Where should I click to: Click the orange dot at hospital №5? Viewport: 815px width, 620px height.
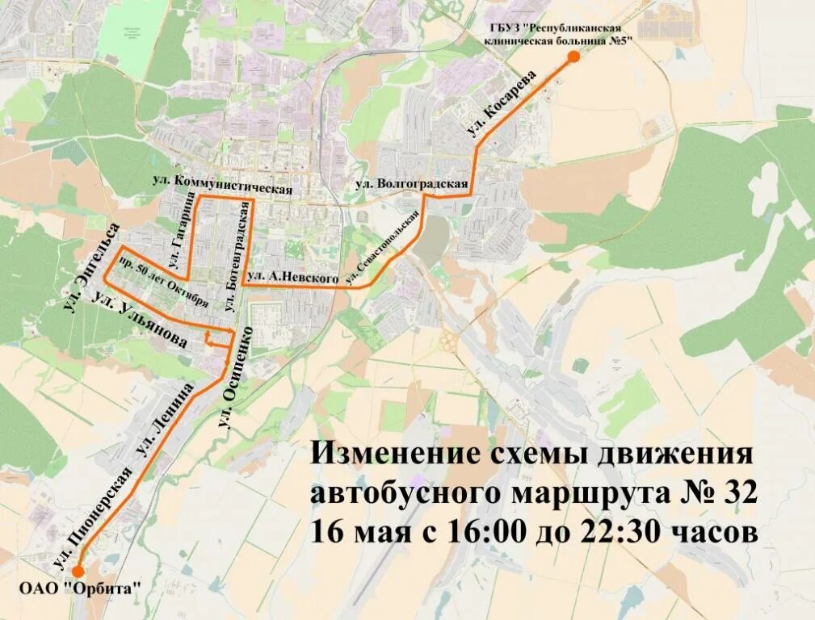tap(573, 57)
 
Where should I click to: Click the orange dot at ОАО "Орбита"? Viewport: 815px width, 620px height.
tap(78, 571)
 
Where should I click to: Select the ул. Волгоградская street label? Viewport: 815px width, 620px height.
tap(412, 184)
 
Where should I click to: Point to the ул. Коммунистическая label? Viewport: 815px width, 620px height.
tap(221, 183)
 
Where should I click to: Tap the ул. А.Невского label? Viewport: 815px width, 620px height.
tap(293, 277)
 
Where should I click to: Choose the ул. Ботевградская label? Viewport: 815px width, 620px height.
tap(235, 257)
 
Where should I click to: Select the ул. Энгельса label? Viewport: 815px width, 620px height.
tap(90, 267)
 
